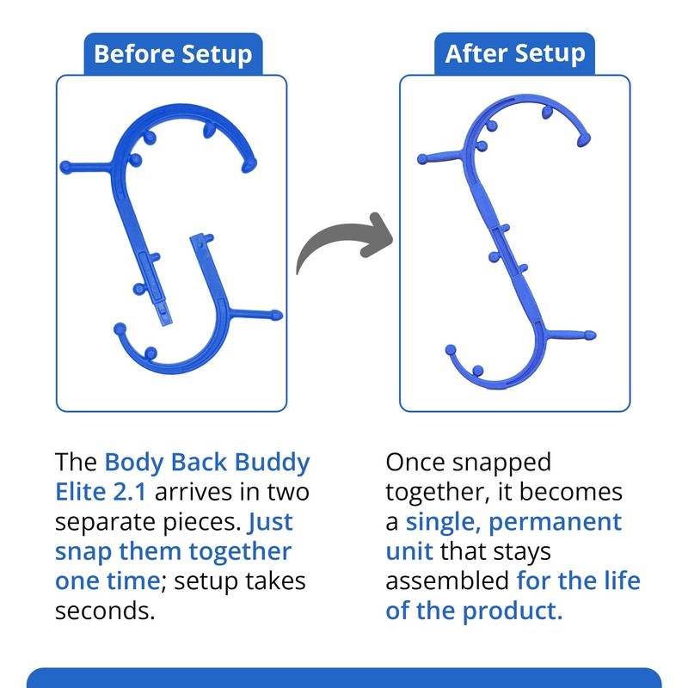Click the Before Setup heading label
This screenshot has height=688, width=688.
tap(172, 54)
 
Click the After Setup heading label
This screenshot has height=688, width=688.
tap(514, 54)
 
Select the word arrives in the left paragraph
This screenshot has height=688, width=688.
tap(205, 493)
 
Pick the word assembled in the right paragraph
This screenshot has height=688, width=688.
tap(447, 580)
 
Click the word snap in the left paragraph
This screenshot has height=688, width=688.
tap(82, 551)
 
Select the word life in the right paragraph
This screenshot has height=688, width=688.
tap(622, 580)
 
